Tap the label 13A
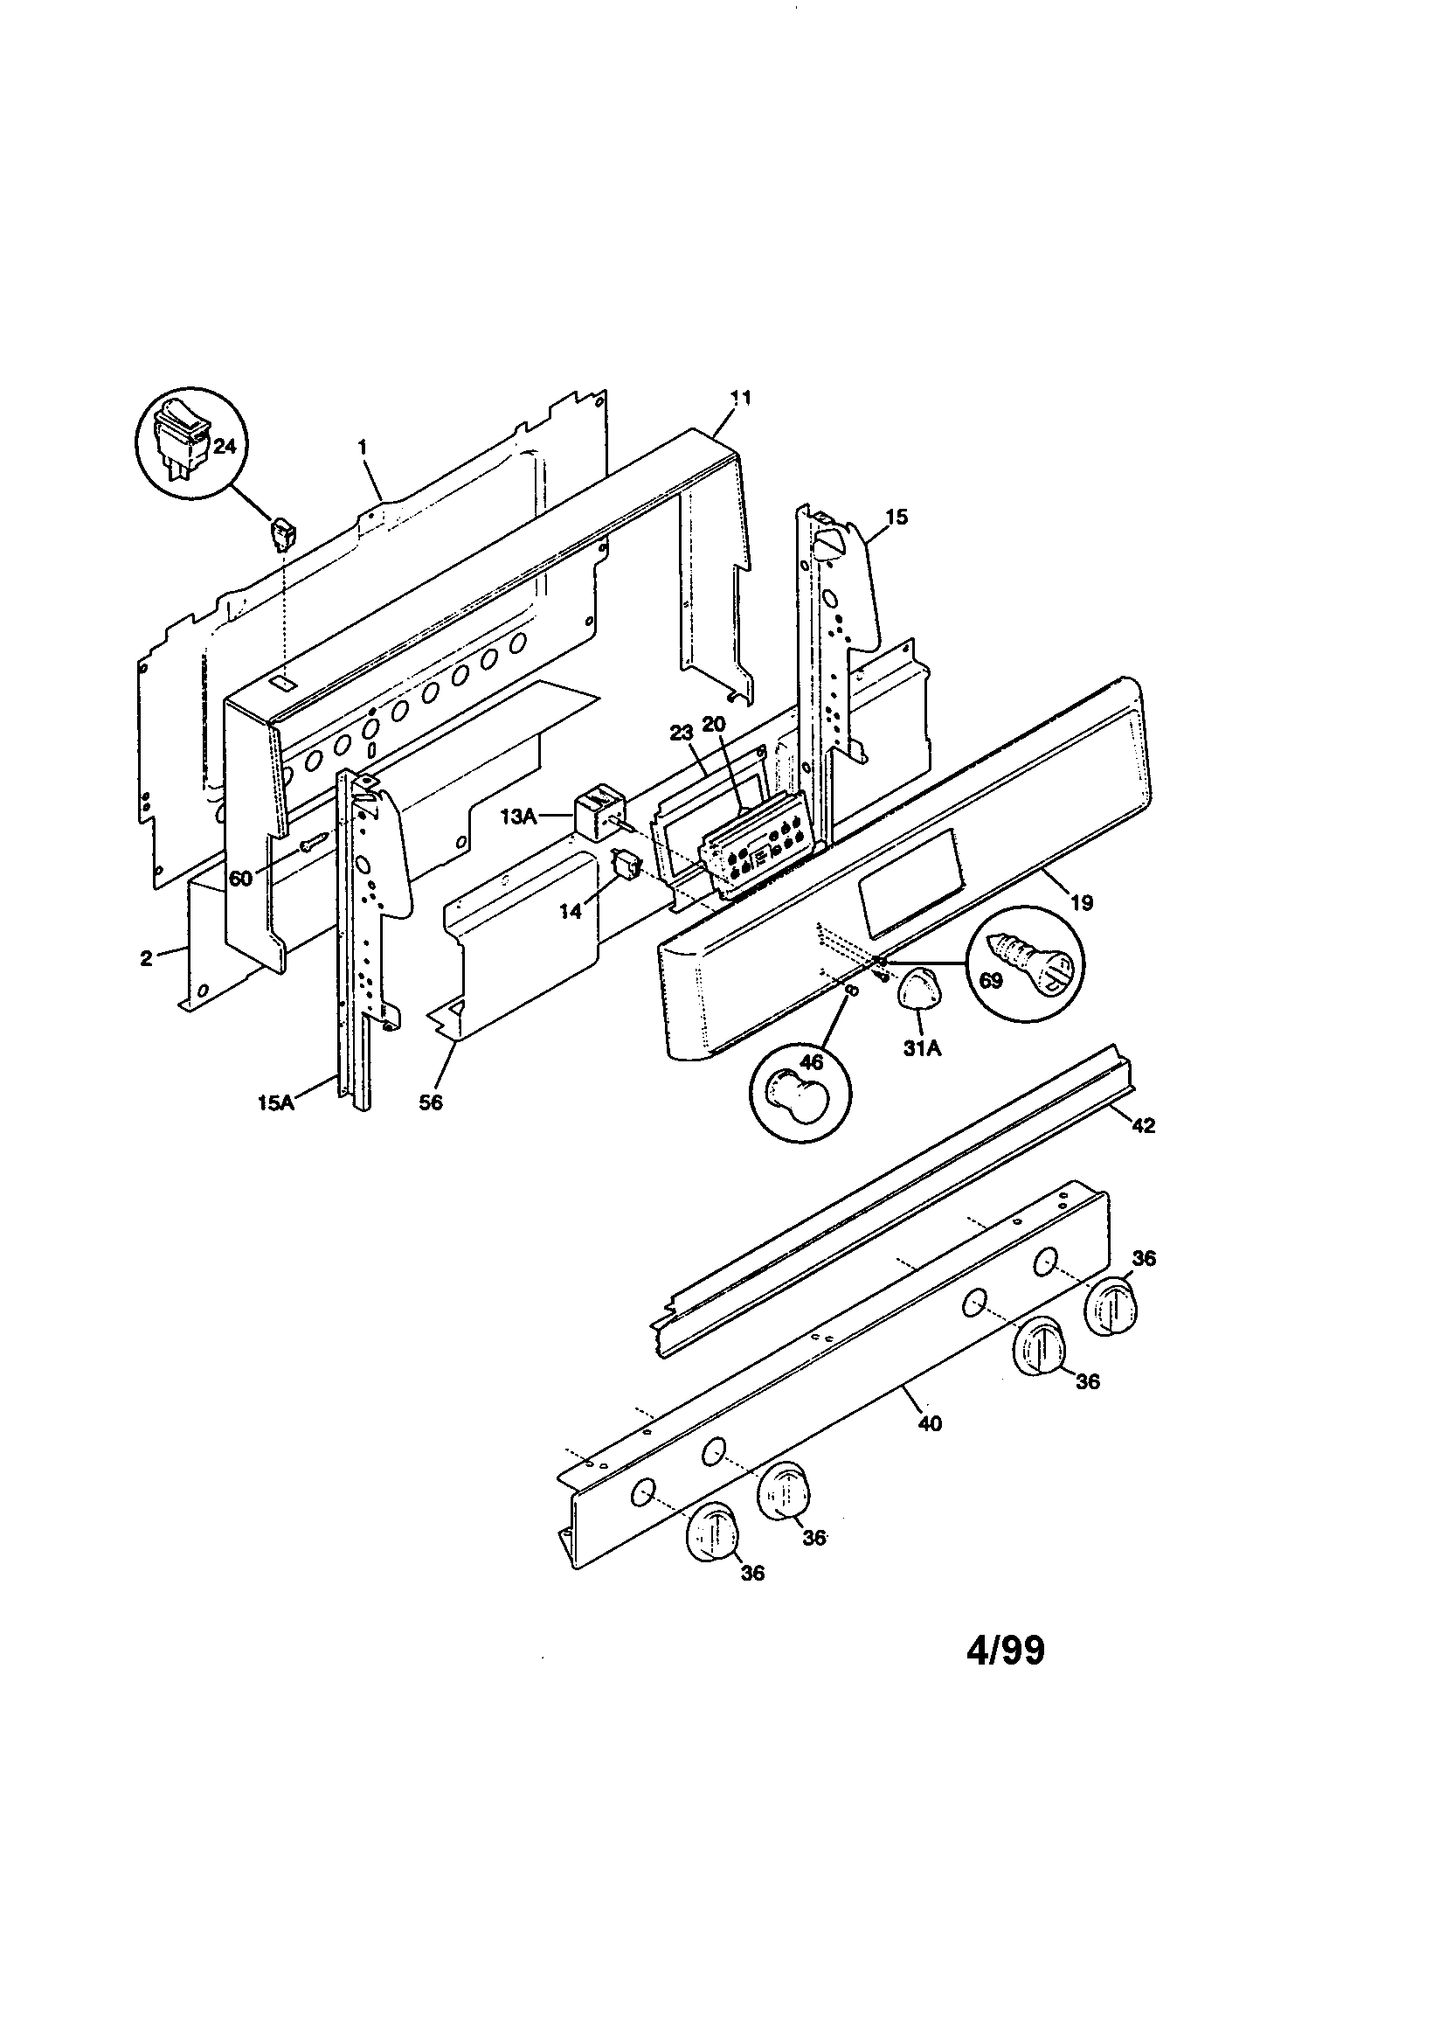pyautogui.click(x=518, y=816)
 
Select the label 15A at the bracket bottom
pyautogui.click(x=276, y=1104)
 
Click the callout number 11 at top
pyautogui.click(x=740, y=398)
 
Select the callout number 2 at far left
pyautogui.click(x=146, y=958)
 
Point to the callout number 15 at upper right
pyautogui.click(x=897, y=517)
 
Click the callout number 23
pyautogui.click(x=680, y=734)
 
